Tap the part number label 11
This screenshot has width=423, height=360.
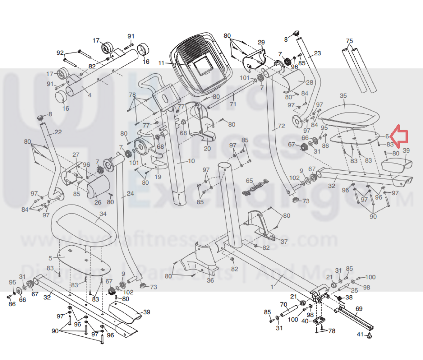(161, 63)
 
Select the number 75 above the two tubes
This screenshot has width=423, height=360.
(349, 41)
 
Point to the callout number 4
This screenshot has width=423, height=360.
(89, 95)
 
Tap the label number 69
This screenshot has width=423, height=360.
(359, 309)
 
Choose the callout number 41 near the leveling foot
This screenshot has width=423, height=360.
(360, 334)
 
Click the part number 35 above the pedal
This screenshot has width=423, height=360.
(343, 96)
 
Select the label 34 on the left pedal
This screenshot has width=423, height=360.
(103, 214)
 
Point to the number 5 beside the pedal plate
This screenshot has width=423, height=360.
(50, 258)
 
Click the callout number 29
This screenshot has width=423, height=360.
(261, 42)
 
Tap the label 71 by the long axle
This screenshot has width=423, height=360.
(233, 104)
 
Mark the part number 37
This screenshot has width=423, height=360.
(284, 241)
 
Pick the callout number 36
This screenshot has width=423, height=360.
(210, 280)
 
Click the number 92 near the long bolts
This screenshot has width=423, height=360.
(60, 53)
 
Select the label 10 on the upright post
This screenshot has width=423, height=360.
(191, 161)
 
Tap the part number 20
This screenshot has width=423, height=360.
(207, 148)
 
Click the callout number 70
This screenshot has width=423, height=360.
(283, 304)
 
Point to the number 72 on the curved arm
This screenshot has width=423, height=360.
(281, 126)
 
